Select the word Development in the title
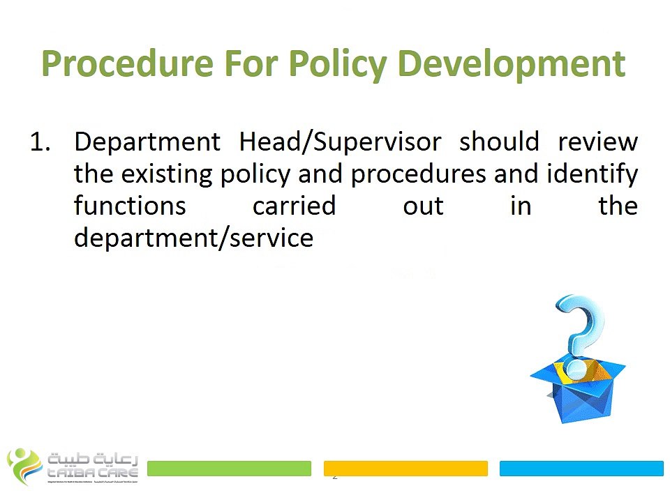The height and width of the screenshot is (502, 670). pos(511,64)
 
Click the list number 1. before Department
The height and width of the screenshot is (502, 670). pos(43,142)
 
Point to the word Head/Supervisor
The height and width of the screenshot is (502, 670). pos(340,142)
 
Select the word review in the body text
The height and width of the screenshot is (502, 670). pos(597,142)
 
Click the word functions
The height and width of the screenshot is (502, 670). pos(131,206)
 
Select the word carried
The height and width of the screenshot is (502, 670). pos(294,206)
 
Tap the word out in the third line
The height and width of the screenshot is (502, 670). pos(423,206)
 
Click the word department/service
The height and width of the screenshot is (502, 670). pos(194,238)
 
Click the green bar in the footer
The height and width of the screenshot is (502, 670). pos(229,468)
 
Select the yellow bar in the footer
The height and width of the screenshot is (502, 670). pos(405,468)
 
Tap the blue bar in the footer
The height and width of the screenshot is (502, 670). pos(581,468)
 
